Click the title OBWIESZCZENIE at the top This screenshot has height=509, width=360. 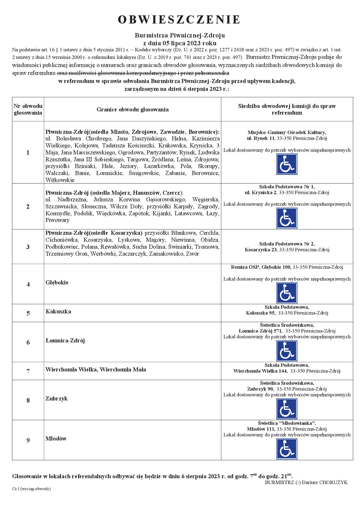pyautogui.click(x=179, y=20)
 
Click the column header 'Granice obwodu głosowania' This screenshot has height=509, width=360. pyautogui.click(x=132, y=110)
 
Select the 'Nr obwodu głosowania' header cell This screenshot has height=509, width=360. pyautogui.click(x=28, y=110)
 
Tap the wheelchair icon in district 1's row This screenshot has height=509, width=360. pyautogui.click(x=287, y=164)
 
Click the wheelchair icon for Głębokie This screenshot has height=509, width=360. pyautogui.click(x=287, y=293)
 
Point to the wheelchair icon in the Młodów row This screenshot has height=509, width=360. pyautogui.click(x=287, y=449)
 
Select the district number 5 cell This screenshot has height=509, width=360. pyautogui.click(x=28, y=313)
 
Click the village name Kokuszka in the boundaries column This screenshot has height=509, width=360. pyautogui.click(x=58, y=312)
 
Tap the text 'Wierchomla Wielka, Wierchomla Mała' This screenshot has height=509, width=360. pyautogui.click(x=96, y=370)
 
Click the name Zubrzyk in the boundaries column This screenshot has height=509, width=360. pyautogui.click(x=57, y=398)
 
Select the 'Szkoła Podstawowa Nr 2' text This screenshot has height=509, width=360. pyautogui.click(x=287, y=244)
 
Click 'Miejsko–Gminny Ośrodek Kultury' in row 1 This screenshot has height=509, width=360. pyautogui.click(x=287, y=132)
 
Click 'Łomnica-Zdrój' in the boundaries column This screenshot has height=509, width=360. pyautogui.click(x=65, y=341)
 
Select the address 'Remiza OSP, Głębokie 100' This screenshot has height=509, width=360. pyautogui.click(x=261, y=267)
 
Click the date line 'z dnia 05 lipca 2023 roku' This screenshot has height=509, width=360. pyautogui.click(x=180, y=43)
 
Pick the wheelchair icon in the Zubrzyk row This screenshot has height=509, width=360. pyautogui.click(x=287, y=409)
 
